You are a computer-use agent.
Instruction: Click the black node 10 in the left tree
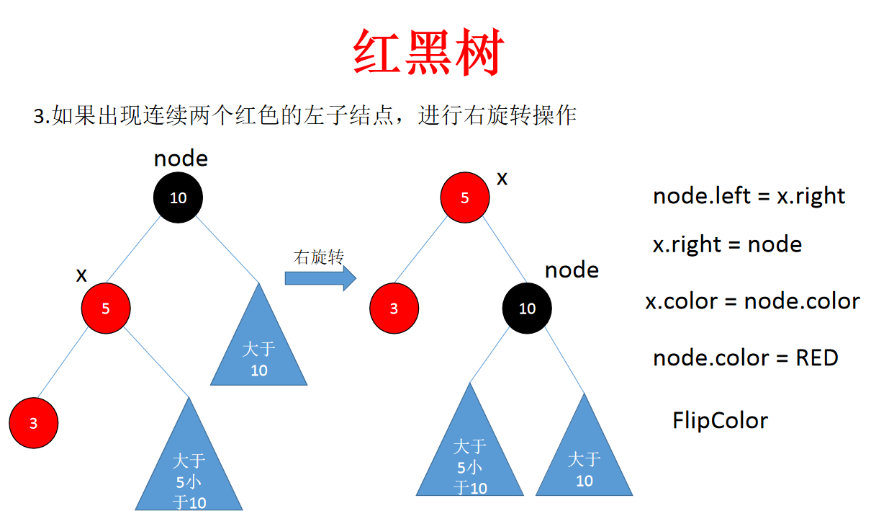[x=178, y=197]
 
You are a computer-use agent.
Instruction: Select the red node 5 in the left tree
[x=105, y=308]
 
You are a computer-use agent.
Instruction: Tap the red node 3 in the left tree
[x=33, y=423]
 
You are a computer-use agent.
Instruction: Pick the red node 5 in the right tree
[x=464, y=197]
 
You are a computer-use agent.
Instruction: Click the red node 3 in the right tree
[x=394, y=308]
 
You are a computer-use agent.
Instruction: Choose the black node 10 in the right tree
[x=527, y=308]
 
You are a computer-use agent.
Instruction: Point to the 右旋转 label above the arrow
[x=318, y=257]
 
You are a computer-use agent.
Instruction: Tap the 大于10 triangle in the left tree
[x=259, y=353]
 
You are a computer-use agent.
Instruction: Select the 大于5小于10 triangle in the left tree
[x=189, y=468]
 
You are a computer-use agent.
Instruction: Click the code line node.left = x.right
[x=749, y=196]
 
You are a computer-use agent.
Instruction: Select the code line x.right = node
[x=727, y=244]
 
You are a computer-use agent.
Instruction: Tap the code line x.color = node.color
[x=752, y=301]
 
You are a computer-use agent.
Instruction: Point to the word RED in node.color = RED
[x=816, y=357]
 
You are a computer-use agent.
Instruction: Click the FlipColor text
[x=720, y=420]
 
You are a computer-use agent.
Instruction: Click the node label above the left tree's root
[x=181, y=159]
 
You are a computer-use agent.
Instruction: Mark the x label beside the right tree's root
[x=502, y=178]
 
